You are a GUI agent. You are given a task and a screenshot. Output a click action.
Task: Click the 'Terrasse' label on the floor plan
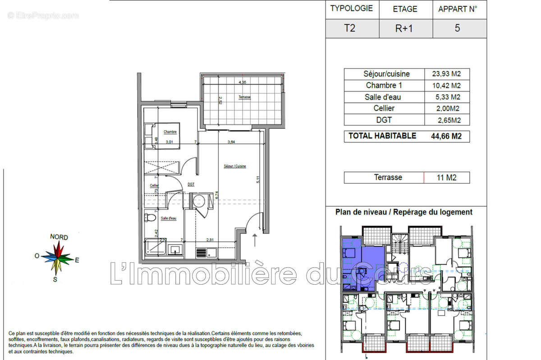tap(244, 97)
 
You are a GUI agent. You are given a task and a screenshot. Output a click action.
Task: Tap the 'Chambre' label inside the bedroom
tap(170, 132)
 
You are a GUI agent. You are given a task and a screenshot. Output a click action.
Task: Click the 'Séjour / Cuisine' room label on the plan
tap(235, 166)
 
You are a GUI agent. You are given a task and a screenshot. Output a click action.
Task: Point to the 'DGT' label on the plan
tap(191, 184)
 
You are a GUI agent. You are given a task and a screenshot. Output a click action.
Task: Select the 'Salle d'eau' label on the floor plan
tap(169, 218)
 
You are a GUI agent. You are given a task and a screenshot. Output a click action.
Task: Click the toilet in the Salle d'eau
tap(150, 219)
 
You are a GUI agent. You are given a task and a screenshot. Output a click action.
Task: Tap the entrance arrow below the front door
tap(255, 240)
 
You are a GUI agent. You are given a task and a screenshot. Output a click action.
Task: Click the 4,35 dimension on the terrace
tap(243, 82)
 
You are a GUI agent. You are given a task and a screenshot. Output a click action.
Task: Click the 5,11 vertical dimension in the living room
tap(258, 179)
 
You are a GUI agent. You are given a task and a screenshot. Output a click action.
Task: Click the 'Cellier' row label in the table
tap(384, 108)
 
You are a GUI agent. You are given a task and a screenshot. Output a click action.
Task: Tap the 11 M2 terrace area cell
tap(446, 178)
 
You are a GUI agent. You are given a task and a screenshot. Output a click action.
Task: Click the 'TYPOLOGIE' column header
tap(352, 8)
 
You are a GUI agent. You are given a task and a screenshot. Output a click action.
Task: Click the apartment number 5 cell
tap(458, 28)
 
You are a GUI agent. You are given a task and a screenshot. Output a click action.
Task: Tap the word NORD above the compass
tap(59, 237)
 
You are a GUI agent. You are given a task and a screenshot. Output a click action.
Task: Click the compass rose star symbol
tap(58, 258)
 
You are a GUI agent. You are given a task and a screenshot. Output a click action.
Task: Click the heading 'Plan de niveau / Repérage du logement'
tap(404, 212)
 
